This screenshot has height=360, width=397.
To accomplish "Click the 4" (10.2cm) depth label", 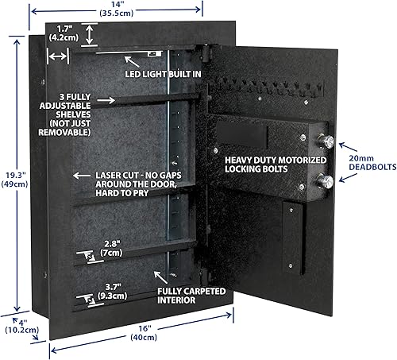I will tap(19, 326).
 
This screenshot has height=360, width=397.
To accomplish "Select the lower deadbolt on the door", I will tap(326, 180).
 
